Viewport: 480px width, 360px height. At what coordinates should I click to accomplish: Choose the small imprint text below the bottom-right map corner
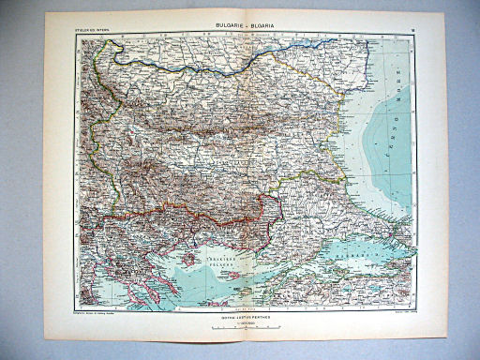coord(394,312)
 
